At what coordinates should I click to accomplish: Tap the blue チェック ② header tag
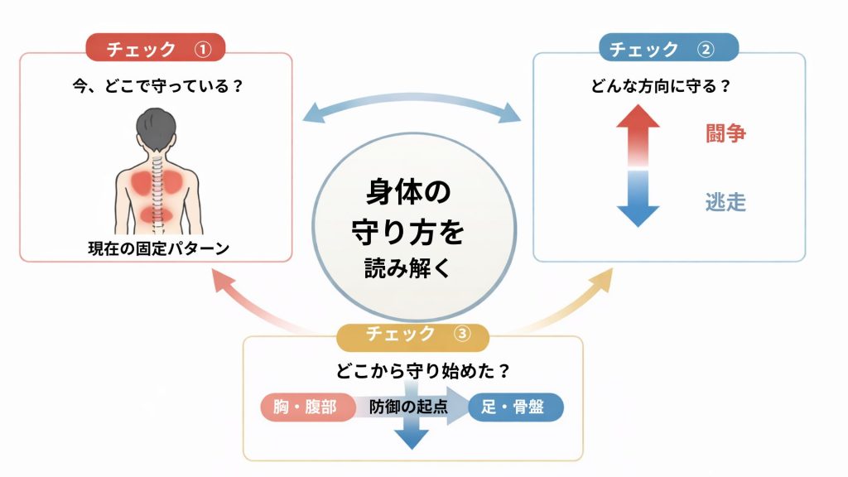pyautogui.click(x=668, y=50)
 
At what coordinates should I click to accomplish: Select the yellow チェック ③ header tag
pyautogui.click(x=412, y=335)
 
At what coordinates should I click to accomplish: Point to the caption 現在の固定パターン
pyautogui.click(x=157, y=248)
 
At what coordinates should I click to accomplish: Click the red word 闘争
pyautogui.click(x=725, y=133)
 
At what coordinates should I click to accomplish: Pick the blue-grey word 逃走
pyautogui.click(x=725, y=201)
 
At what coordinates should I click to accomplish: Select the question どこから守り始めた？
pyautogui.click(x=412, y=369)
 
